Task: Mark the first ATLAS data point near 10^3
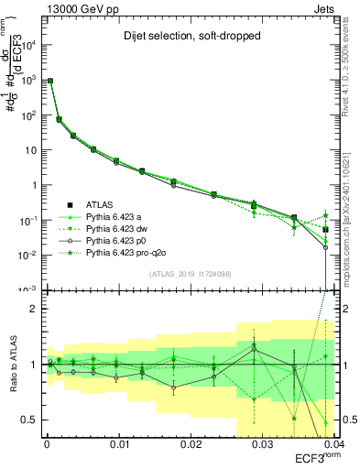coord(50,82)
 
